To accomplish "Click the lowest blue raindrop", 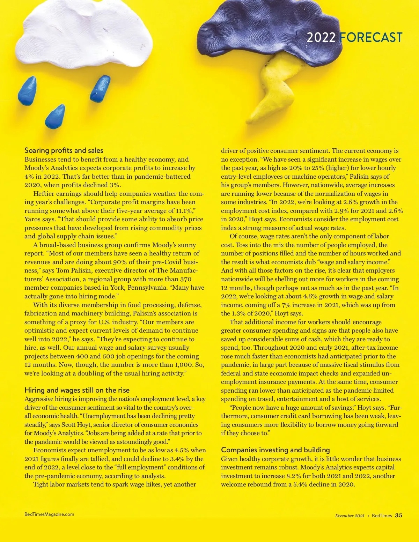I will pos(56,116).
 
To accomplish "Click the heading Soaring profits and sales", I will pos(64,150).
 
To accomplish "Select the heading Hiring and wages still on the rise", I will pos(77,390).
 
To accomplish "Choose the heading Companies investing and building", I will pos(275,450).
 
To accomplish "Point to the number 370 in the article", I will pos(186,279).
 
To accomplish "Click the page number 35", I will pos(398,515).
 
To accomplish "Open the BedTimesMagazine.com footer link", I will pos(49,514).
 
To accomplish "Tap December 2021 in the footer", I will pos(350,516).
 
